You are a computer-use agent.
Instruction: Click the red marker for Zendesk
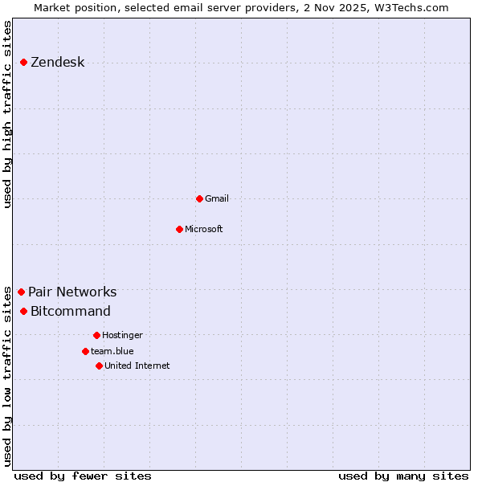point(24,62)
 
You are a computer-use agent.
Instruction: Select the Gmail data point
point(199,198)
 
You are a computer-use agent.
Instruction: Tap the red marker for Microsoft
point(180,229)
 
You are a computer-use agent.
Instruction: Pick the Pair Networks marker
point(22,292)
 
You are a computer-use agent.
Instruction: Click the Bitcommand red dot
point(24,311)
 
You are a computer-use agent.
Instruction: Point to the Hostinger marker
point(96,335)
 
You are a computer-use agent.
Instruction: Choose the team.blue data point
point(85,351)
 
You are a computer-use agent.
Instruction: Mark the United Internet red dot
point(99,366)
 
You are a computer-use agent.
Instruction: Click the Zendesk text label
point(57,63)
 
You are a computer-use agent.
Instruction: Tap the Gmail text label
point(217,198)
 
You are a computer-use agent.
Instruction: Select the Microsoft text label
point(204,229)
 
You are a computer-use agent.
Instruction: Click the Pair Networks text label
point(72,292)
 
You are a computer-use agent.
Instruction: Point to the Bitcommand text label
point(71,312)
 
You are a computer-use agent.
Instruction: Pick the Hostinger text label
point(122,335)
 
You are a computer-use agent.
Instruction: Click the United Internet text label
point(137,366)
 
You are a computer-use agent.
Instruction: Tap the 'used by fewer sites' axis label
point(83,476)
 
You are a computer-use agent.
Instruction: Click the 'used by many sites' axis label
point(403,476)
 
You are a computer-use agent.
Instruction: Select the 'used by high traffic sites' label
point(8,114)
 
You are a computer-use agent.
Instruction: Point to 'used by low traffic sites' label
point(8,376)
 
